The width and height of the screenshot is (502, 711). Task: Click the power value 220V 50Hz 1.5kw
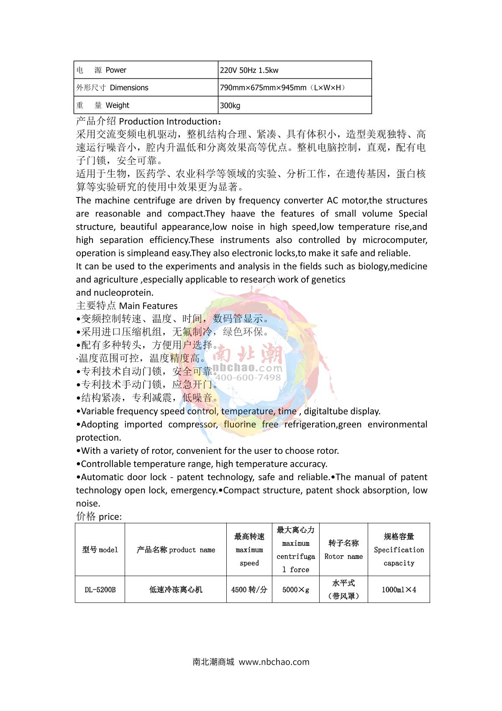249,70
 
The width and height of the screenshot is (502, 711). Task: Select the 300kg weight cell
230,106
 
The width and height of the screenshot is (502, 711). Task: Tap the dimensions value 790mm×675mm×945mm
263,88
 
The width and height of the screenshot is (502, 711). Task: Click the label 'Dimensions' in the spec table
129,88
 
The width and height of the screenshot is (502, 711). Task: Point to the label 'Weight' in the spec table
118,106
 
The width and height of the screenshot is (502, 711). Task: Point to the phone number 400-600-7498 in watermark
248,377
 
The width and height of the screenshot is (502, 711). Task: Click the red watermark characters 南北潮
248,355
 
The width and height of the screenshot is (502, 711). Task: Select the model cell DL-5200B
100,590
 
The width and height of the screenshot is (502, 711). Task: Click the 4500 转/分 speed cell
249,590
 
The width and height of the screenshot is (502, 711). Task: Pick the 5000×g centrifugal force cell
296,590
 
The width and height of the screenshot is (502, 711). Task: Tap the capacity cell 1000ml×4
399,590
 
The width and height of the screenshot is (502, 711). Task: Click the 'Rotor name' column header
343,556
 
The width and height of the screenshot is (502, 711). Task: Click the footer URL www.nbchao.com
274,662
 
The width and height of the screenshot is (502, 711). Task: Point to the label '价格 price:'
99,517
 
